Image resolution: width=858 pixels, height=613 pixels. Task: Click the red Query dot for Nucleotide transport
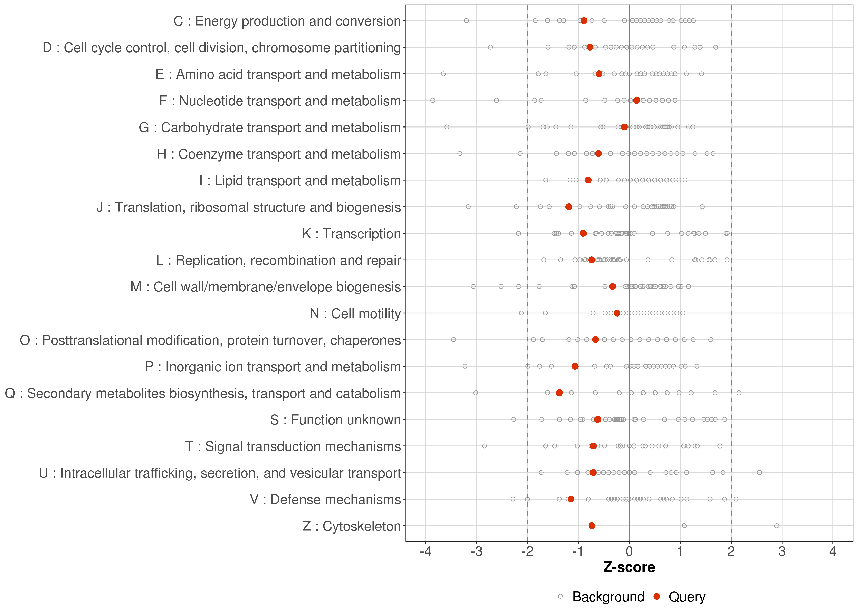(637, 100)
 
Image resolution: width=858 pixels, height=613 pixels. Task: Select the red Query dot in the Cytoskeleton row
(592, 526)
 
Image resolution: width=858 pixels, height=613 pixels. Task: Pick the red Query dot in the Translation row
(569, 207)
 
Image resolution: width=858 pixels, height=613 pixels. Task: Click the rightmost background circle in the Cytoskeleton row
(776, 526)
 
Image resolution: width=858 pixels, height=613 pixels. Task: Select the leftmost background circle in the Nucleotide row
(433, 100)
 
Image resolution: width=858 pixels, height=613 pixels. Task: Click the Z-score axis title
(629, 567)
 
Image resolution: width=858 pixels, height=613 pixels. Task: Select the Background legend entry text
(608, 597)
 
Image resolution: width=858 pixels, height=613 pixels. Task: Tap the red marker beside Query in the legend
(657, 596)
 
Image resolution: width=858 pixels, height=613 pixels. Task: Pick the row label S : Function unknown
(335, 420)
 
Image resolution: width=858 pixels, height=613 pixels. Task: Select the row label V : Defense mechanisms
(325, 499)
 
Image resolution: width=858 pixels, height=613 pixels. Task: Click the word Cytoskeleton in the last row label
(361, 526)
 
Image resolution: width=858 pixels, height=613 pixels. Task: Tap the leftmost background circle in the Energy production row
(466, 20)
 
